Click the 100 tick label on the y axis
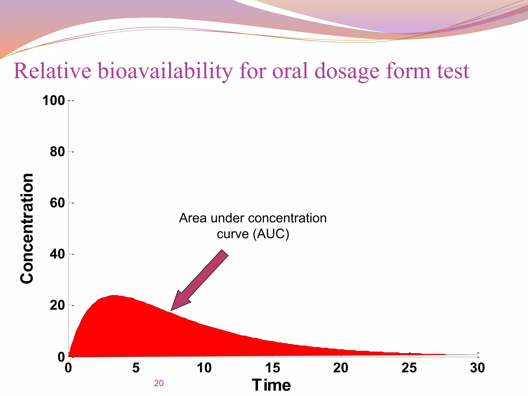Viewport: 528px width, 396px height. point(54,101)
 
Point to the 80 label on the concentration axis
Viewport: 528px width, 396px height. point(57,152)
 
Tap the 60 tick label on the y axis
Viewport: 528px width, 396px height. point(57,203)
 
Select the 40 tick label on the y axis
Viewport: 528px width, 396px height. point(57,254)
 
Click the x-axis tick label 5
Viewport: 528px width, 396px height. point(136,368)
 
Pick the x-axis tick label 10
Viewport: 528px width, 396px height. point(204,368)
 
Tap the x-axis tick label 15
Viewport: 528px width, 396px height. point(273,368)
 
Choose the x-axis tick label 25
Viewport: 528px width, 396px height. point(409,368)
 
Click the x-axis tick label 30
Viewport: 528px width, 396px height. point(477,368)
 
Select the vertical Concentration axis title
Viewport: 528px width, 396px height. point(27,228)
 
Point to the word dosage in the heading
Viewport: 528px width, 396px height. point(347,71)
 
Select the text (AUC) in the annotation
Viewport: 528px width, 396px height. point(271,234)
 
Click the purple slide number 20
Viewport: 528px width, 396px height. point(159,383)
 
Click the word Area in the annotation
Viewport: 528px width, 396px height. point(193,218)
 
